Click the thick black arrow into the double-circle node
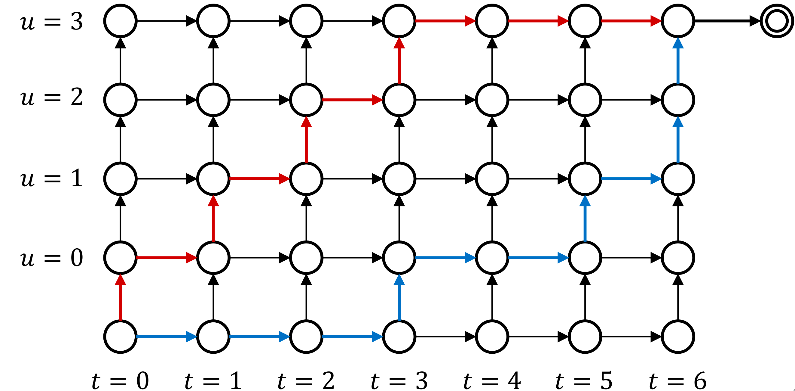click(727, 21)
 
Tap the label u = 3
click(51, 22)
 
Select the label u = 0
click(51, 258)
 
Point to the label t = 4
click(492, 380)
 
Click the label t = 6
click(678, 380)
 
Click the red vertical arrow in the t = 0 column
click(120, 297)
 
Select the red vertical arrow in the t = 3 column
click(399, 61)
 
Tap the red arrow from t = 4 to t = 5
click(539, 21)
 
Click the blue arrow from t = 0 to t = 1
click(167, 337)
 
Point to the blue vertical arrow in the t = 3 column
click(399, 297)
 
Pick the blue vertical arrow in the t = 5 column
click(585, 218)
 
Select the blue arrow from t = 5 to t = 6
click(631, 179)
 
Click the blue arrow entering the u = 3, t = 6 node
click(678, 61)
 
